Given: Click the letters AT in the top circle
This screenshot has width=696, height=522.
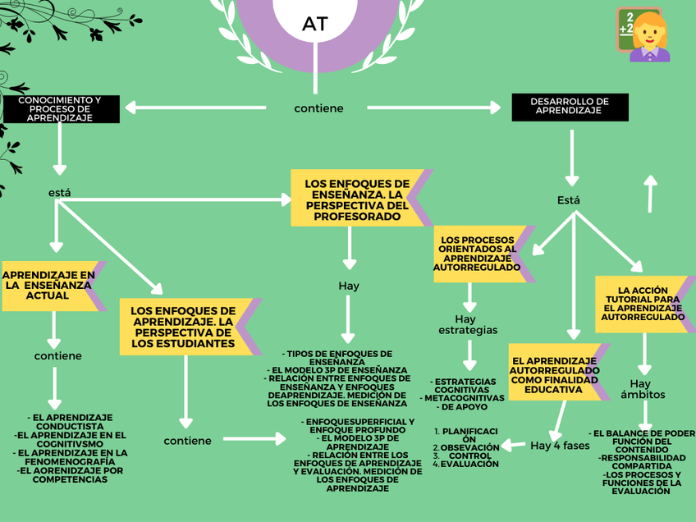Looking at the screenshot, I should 315,24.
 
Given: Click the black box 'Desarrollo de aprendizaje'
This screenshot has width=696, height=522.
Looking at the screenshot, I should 569,107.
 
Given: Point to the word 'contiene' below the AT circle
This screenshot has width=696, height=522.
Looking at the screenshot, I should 318,108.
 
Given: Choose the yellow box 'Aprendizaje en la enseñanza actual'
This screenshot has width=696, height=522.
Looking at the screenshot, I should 49,285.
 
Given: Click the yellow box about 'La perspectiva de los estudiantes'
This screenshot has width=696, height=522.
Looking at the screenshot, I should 184,327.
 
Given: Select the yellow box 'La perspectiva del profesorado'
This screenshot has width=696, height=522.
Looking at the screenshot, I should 356,197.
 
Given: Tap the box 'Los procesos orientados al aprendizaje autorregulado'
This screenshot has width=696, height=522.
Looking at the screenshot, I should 477,254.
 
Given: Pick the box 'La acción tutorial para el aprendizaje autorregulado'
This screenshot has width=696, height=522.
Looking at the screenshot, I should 643,303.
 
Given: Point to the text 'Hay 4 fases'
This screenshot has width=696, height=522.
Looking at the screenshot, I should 560,446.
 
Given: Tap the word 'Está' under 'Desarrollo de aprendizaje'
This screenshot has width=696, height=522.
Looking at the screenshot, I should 569,200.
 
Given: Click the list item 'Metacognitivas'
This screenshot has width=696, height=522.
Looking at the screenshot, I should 464,398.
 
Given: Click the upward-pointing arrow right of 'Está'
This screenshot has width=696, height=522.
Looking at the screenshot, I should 650,194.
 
